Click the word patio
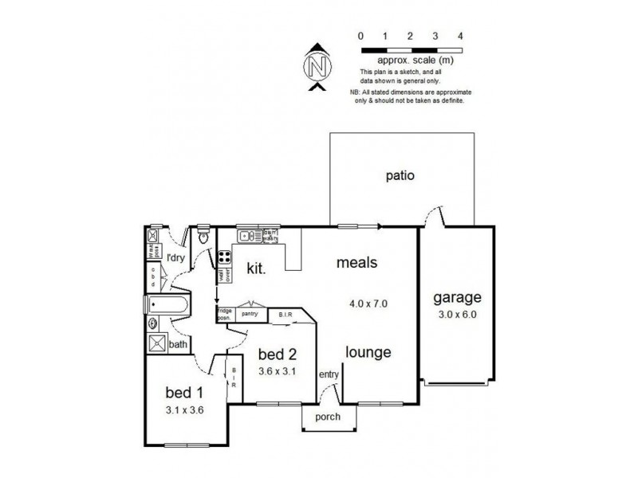[x=400, y=176]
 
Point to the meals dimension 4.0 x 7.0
[x=368, y=303]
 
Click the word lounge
[x=368, y=352]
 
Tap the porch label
[x=327, y=417]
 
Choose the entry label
[x=328, y=375]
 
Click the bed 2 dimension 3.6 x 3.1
[x=278, y=371]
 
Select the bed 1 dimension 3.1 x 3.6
[x=184, y=411]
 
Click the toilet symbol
[x=203, y=237]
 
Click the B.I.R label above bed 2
[x=286, y=315]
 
